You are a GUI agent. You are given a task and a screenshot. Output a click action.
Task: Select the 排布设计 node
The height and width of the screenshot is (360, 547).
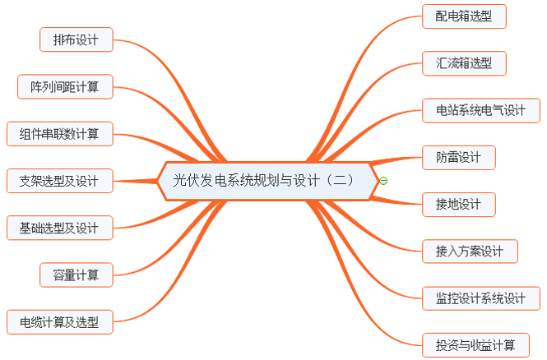tap(76, 39)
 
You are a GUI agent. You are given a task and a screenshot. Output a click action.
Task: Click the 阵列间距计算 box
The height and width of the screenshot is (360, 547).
tap(65, 86)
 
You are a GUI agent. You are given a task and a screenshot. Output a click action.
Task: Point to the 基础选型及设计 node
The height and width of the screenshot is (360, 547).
tap(59, 228)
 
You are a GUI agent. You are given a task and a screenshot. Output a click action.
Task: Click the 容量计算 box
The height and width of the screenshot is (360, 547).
tap(76, 275)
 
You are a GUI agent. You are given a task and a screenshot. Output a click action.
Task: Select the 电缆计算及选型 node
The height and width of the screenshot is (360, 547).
tap(59, 321)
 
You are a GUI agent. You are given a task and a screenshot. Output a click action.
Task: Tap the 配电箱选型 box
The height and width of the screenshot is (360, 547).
tap(464, 16)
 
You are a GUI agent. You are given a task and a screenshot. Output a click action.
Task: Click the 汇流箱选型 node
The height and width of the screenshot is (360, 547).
tap(464, 62)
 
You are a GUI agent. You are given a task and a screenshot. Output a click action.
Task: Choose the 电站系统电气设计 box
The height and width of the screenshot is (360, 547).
tap(480, 110)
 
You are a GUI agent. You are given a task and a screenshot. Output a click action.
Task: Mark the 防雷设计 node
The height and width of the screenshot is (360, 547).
tap(459, 157)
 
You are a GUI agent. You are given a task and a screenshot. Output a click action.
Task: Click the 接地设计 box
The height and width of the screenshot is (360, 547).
tap(459, 204)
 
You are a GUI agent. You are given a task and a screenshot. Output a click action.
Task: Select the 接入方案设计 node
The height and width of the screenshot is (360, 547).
tap(470, 251)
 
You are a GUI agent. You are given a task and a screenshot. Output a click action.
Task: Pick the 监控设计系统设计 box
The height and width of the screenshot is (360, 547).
tap(480, 298)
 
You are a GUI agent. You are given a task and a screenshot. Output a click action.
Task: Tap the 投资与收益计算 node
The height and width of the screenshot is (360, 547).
tap(475, 344)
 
